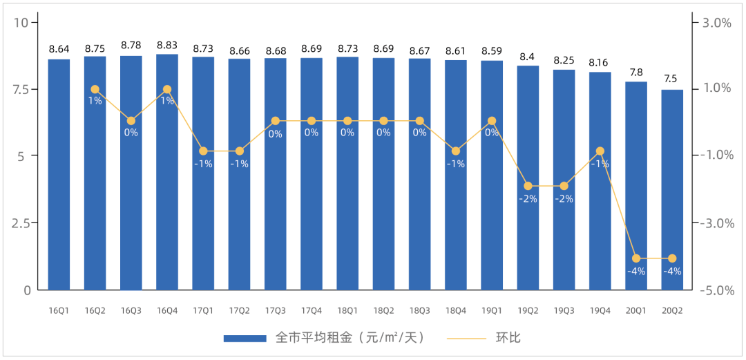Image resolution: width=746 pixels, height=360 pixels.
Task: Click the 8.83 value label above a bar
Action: (167, 46)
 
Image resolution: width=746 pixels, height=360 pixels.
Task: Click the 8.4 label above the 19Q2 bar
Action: (528, 57)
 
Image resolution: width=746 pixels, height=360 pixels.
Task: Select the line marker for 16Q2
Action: (95, 89)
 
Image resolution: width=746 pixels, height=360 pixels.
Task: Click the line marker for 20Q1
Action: (636, 258)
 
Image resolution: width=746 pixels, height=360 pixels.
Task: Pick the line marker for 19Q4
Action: (600, 151)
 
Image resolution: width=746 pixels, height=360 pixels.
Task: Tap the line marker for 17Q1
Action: (203, 151)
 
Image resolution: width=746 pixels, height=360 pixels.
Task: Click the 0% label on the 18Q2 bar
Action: (383, 133)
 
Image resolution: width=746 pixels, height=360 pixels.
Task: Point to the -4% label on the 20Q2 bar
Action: (672, 272)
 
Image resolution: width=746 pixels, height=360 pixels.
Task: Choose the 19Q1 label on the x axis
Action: (492, 311)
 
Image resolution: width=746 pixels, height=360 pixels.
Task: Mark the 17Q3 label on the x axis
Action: (276, 311)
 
